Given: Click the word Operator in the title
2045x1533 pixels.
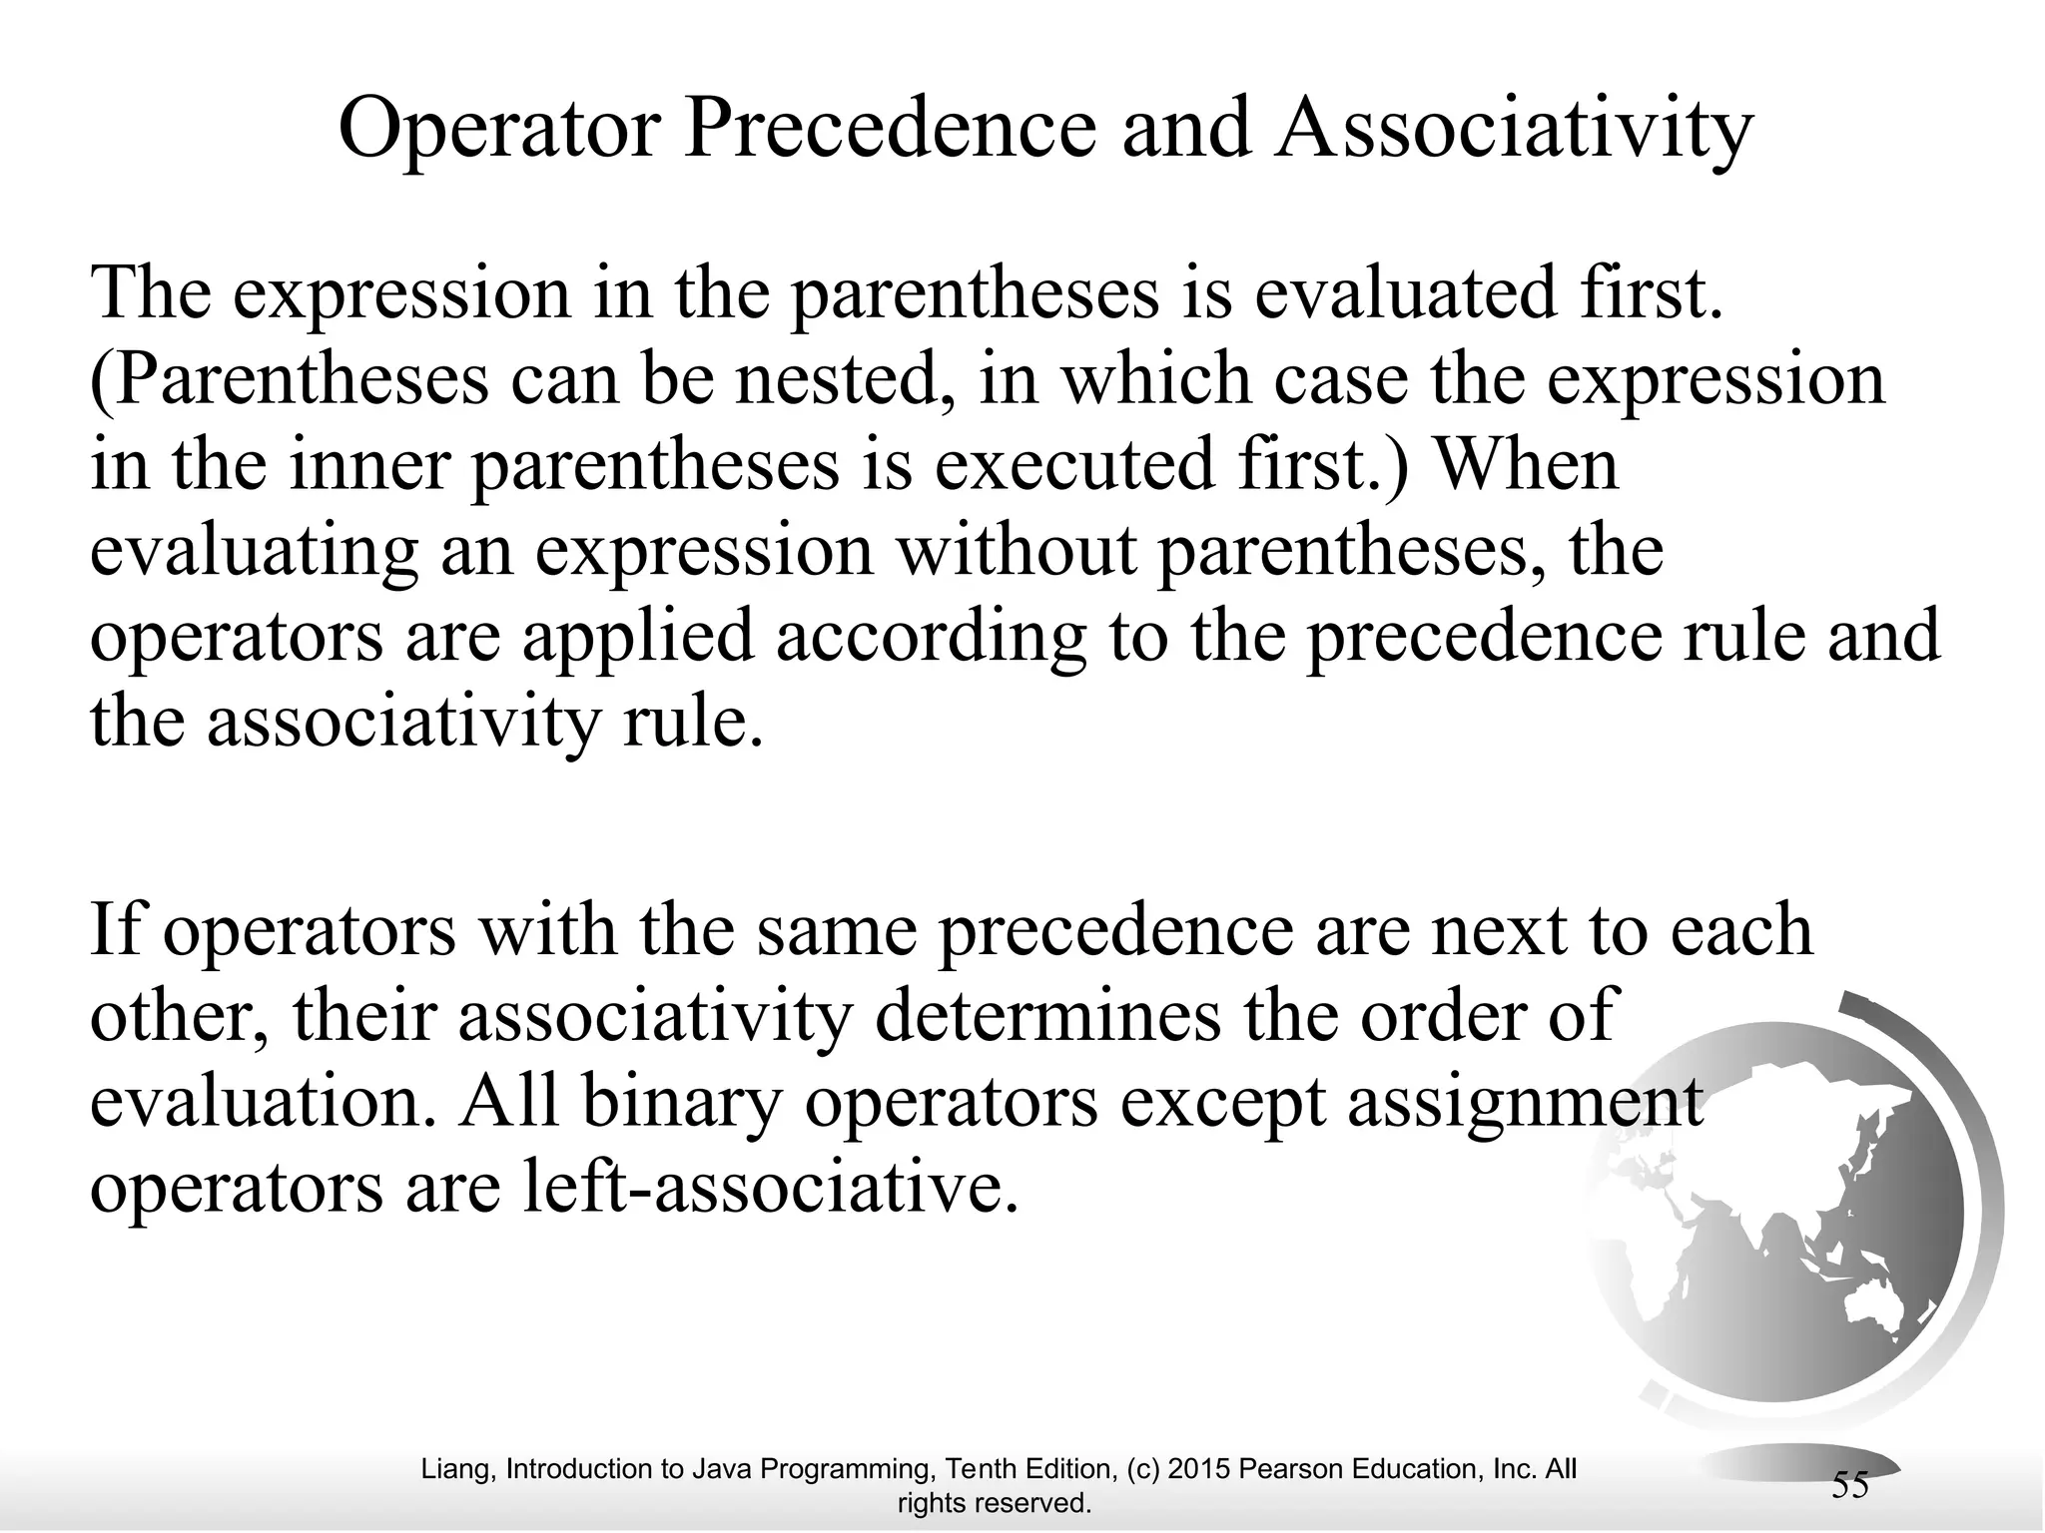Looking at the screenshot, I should [x=499, y=130].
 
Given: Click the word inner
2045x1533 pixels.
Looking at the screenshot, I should [x=368, y=466].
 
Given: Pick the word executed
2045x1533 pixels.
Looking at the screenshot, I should [x=1059, y=466].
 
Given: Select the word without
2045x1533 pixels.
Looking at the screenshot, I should [x=1018, y=551].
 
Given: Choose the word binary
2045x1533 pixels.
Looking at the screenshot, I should [x=679, y=1102].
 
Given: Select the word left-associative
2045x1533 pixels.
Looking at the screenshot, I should [x=768, y=1189].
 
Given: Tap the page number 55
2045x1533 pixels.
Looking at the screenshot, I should [x=1849, y=1486].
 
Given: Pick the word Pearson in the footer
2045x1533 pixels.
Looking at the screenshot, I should [x=1289, y=1469].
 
